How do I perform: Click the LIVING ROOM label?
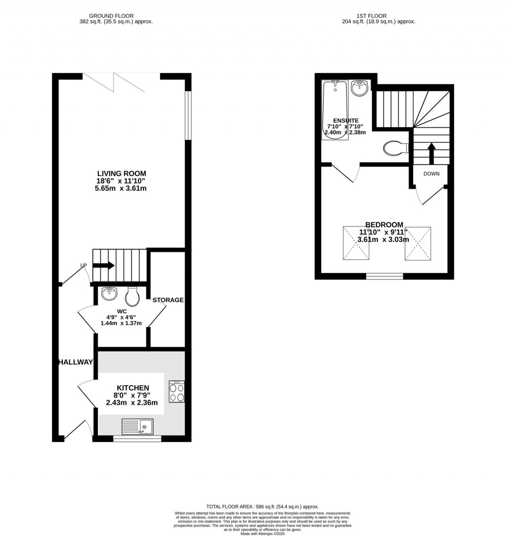tap(122, 173)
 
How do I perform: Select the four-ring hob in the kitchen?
tap(176, 391)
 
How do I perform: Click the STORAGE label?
tap(168, 300)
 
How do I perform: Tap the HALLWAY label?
tap(75, 362)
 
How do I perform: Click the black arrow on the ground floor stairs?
tap(103, 265)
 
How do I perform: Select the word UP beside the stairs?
tap(84, 266)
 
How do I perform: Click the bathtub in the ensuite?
tap(335, 109)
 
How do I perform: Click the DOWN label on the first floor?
tap(431, 174)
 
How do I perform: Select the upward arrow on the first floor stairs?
tap(431, 153)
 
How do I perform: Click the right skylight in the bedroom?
tap(418, 243)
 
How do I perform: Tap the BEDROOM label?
tap(384, 224)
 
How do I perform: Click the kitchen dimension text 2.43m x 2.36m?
tap(131, 403)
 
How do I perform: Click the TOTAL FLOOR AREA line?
tap(262, 507)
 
